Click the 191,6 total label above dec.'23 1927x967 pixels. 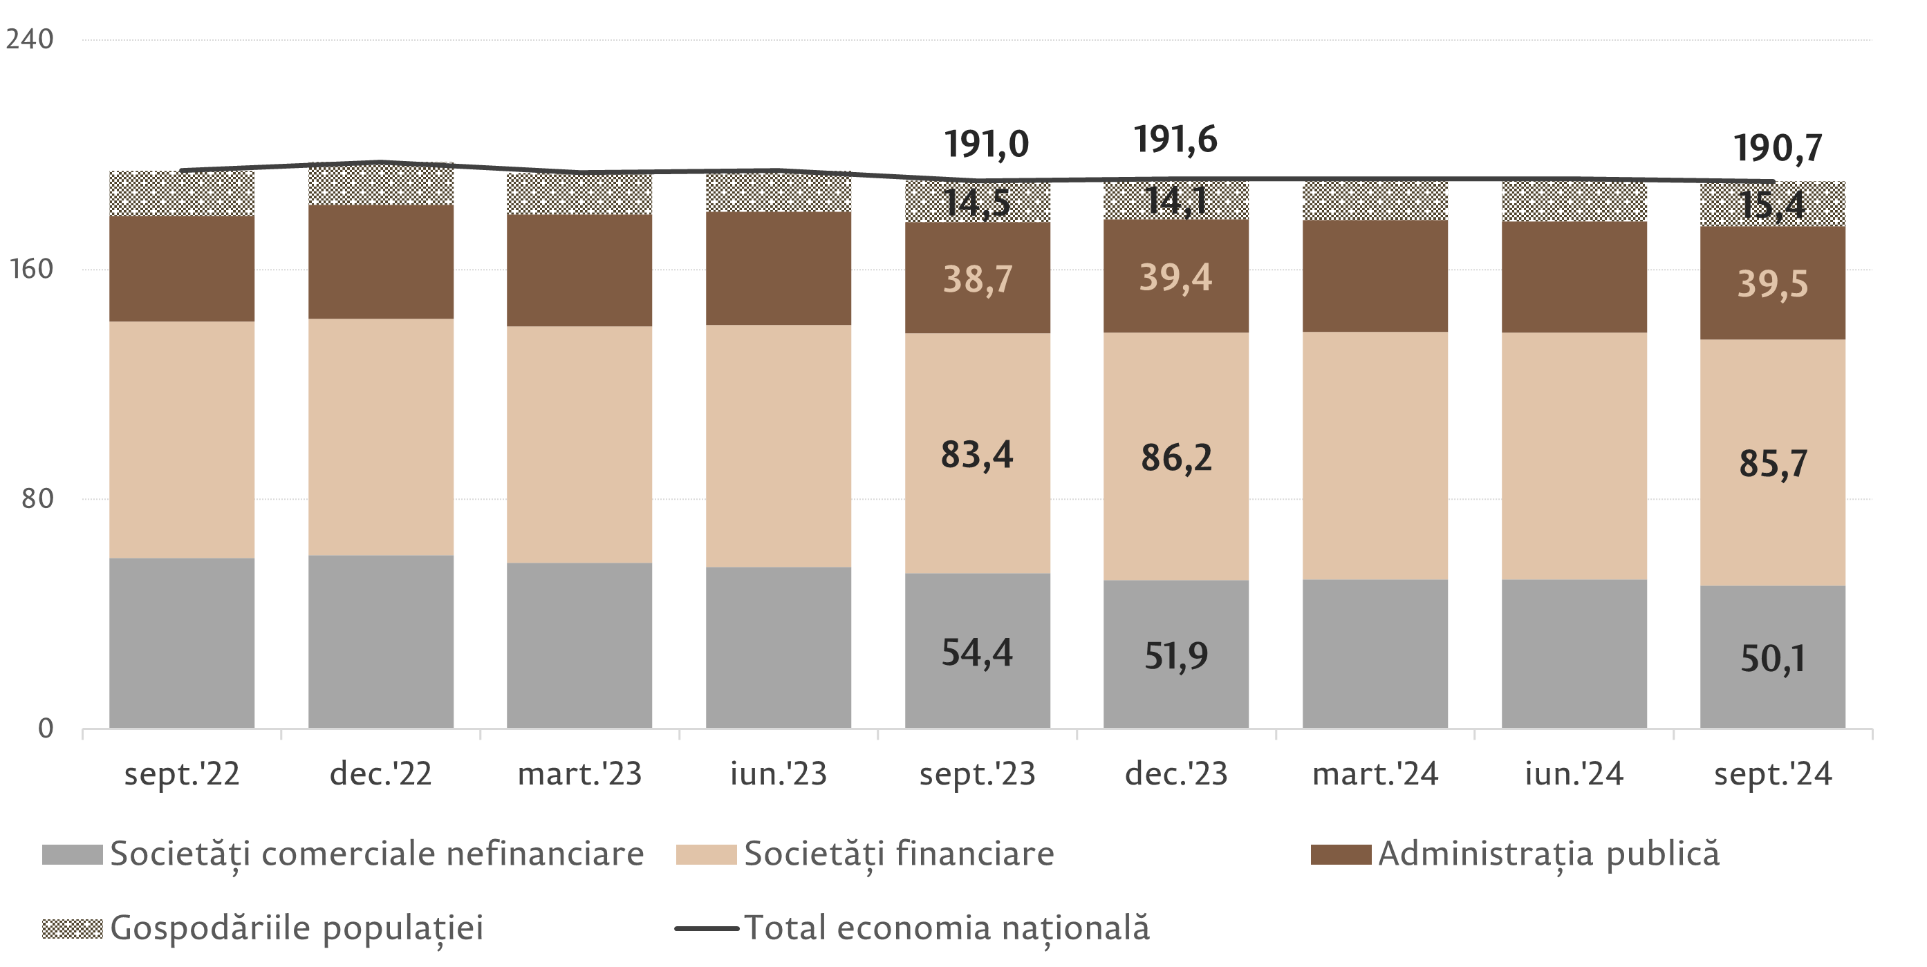coord(1175,140)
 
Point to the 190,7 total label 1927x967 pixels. coord(1778,148)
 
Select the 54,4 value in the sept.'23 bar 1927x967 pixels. coord(977,652)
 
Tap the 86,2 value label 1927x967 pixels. coord(1176,458)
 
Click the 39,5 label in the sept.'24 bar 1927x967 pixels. coord(1772,284)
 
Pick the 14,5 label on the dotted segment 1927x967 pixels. coord(977,203)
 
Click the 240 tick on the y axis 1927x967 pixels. coord(30,39)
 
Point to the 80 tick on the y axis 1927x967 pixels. coord(37,498)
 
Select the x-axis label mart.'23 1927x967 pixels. coord(579,774)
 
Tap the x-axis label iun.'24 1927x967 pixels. coord(1574,774)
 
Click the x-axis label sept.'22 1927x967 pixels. coord(182,774)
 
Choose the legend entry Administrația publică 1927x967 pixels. coord(1549,854)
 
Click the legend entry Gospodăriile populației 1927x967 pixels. coord(296,928)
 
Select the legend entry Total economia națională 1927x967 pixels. coord(946,928)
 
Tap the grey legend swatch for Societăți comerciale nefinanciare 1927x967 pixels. coord(72,854)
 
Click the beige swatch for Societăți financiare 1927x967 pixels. coord(705,854)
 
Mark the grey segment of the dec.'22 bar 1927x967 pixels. coord(381,641)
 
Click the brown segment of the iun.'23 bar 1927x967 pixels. coord(779,268)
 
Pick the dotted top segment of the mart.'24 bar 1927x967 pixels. coord(1375,200)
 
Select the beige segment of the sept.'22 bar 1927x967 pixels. coord(182,440)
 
